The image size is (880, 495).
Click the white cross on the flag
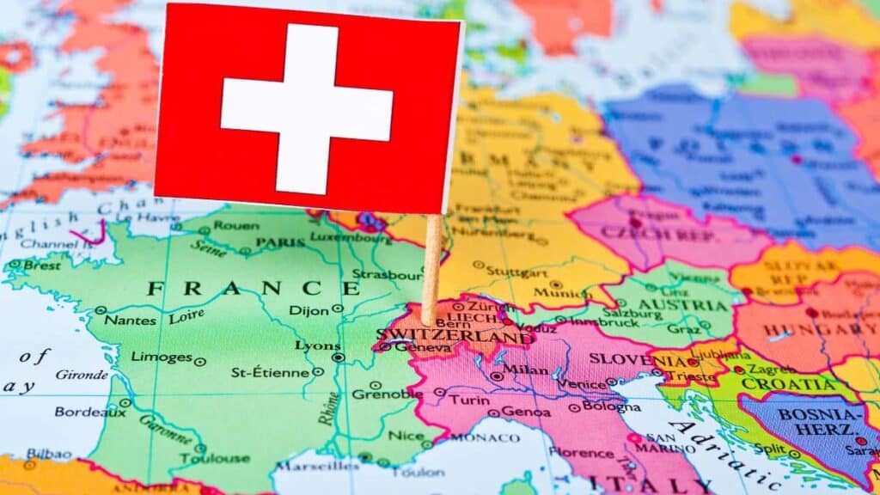307,108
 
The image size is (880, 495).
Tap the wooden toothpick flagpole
431,266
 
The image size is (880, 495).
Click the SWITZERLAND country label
455,335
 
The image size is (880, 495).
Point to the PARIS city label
279,243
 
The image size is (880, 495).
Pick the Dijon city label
309,310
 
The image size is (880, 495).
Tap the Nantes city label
131,320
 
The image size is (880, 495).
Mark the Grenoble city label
388,394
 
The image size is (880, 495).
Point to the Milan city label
525,370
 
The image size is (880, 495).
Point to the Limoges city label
161,357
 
